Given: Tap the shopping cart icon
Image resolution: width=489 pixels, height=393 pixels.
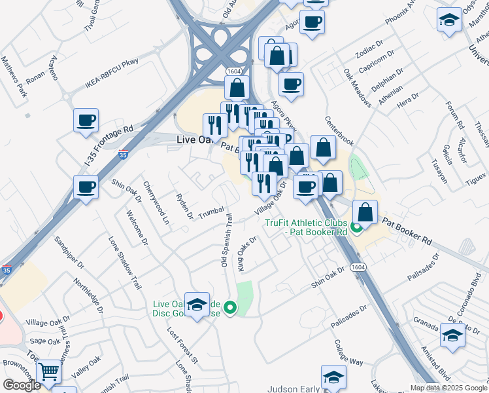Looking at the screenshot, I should [49, 373].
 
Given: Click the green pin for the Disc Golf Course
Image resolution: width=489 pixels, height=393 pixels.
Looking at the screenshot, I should [229, 307].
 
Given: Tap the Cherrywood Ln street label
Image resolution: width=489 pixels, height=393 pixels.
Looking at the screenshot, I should [156, 203].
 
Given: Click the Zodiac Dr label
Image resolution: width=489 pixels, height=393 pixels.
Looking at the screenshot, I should [356, 58].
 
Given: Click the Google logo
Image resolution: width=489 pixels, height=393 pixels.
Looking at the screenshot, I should [22, 385].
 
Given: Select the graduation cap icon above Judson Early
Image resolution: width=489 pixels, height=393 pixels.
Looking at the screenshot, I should [333, 378].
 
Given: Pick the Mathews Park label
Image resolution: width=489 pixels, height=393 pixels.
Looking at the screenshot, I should [14, 76].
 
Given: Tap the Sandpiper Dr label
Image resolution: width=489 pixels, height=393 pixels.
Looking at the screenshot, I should [70, 252].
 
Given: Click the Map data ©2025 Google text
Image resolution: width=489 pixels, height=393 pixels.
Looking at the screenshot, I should [448, 387].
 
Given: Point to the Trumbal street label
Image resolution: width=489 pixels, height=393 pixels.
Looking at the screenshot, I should [212, 213].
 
